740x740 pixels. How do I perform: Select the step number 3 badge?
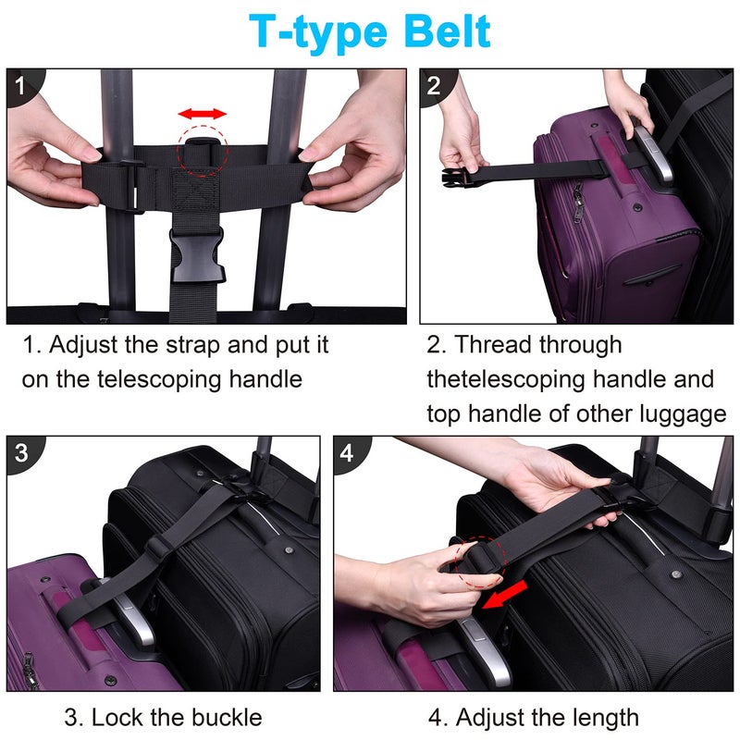[x=21, y=453]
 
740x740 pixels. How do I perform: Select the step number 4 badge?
[x=347, y=453]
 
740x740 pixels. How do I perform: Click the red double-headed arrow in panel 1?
[x=202, y=114]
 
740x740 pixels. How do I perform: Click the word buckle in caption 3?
[x=222, y=717]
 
